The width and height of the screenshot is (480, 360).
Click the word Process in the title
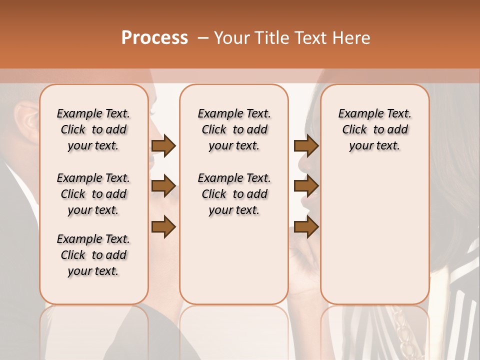point(154,38)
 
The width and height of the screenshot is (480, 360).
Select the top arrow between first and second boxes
point(163,145)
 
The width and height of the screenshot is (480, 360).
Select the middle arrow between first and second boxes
point(163,186)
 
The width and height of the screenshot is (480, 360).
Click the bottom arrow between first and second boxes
point(163,226)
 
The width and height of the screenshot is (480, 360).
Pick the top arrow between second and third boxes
point(306,145)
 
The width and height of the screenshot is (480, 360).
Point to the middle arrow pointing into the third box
point(306,186)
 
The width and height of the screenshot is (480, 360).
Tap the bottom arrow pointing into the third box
point(306,226)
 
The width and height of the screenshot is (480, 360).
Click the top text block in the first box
point(93,129)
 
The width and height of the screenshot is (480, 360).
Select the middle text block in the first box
point(93,194)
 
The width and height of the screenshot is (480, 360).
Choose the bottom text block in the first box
point(93,255)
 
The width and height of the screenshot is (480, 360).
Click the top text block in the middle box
point(234,129)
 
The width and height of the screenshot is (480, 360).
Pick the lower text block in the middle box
point(234,194)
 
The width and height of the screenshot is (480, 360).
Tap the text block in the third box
point(374,129)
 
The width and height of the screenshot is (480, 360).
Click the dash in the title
point(203,38)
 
